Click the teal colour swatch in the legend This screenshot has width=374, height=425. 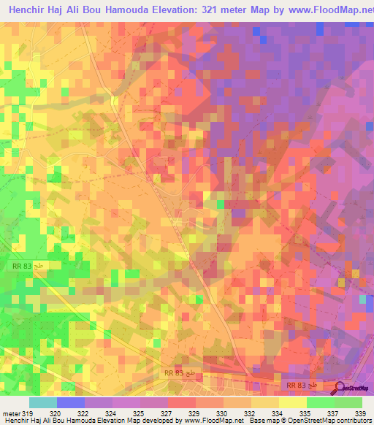pos(43,402)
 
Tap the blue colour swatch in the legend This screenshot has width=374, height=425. pos(71,402)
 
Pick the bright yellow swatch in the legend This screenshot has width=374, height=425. pos(292,402)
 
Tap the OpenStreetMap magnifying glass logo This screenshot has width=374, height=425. pos(340,388)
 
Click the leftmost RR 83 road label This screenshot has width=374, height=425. pos(24,267)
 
